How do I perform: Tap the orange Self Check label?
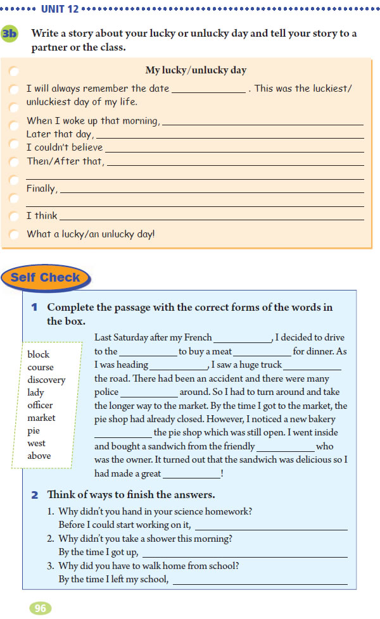(46, 277)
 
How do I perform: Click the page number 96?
(40, 608)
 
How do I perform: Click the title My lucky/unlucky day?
(196, 70)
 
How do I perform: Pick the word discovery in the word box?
(46, 380)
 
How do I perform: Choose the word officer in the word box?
(40, 405)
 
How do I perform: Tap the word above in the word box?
(39, 456)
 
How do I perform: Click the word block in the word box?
(38, 354)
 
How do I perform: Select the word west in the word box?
(36, 443)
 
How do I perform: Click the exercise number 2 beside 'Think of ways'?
(35, 495)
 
